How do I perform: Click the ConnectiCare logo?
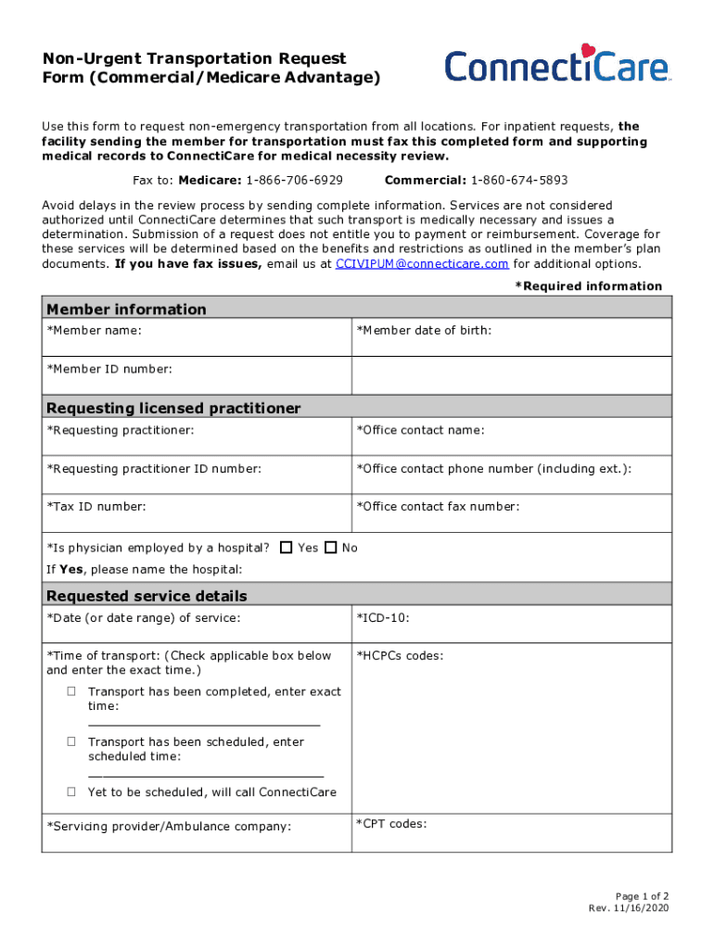point(556,67)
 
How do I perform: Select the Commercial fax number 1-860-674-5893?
point(519,180)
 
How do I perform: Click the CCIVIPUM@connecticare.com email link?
point(421,263)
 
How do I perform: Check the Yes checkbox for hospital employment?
point(286,548)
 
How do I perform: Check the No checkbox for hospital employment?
point(331,548)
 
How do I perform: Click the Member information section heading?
point(126,309)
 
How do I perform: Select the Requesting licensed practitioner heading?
point(173,408)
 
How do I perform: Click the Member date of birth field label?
point(424,330)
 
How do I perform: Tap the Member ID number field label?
point(109,369)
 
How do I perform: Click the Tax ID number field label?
point(96,506)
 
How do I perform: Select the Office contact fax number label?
point(438,506)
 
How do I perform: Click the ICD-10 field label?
point(383,617)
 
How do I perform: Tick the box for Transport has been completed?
point(71,691)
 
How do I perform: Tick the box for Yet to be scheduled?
point(71,792)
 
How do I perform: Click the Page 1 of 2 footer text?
point(642,896)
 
